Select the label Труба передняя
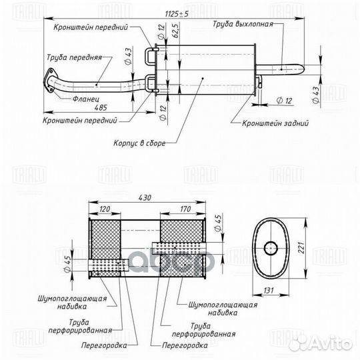tap(75, 58)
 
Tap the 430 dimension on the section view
tap(145, 197)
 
